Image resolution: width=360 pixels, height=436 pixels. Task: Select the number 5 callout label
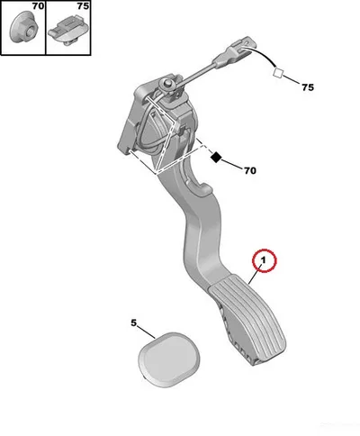point(133,323)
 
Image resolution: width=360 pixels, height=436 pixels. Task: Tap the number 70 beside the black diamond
point(250,170)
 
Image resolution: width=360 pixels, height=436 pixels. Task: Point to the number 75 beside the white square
point(308,87)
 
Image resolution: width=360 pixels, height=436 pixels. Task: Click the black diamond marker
point(216,157)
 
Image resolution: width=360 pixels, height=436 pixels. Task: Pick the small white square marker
point(278,73)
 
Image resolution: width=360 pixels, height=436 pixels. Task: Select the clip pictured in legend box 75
point(67,32)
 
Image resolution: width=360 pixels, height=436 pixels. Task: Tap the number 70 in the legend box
point(38,6)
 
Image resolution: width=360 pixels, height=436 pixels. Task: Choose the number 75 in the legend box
point(83,6)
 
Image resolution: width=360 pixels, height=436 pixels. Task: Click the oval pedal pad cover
point(169,359)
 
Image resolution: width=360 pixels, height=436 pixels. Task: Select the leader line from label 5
point(147,332)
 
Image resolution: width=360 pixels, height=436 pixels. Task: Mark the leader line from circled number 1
point(256,275)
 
